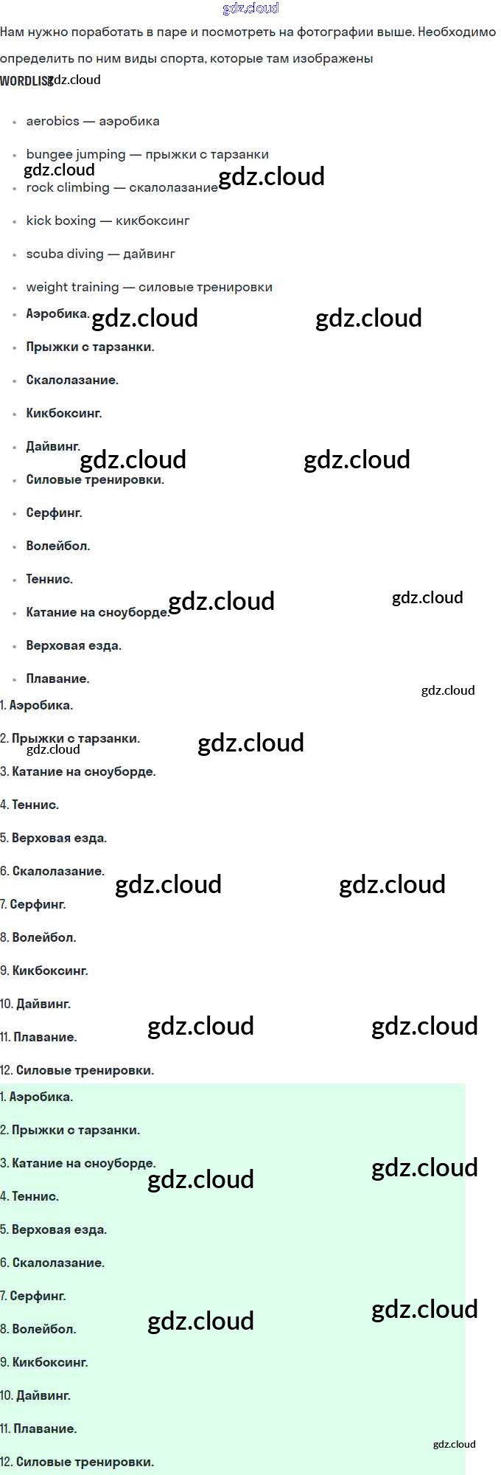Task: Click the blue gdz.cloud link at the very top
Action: coord(251,8)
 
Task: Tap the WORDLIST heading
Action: coord(24,81)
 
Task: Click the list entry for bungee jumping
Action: coord(147,154)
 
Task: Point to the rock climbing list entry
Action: coord(122,187)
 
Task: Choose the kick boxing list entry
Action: coord(108,221)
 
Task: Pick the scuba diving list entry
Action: coord(100,254)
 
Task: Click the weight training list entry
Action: coord(149,287)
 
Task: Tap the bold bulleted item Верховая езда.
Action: coord(74,645)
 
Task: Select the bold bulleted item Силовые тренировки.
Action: coord(95,479)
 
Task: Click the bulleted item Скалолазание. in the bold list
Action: coord(72,380)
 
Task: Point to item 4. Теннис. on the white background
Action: coord(29,805)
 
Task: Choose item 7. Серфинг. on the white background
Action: coord(33,904)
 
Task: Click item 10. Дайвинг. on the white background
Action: coord(35,1004)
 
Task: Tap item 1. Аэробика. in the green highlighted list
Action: coord(37,1097)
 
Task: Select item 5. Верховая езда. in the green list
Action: coord(54,1229)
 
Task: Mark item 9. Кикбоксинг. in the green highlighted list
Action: coord(44,1362)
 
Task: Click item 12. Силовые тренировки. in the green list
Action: coord(77,1462)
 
